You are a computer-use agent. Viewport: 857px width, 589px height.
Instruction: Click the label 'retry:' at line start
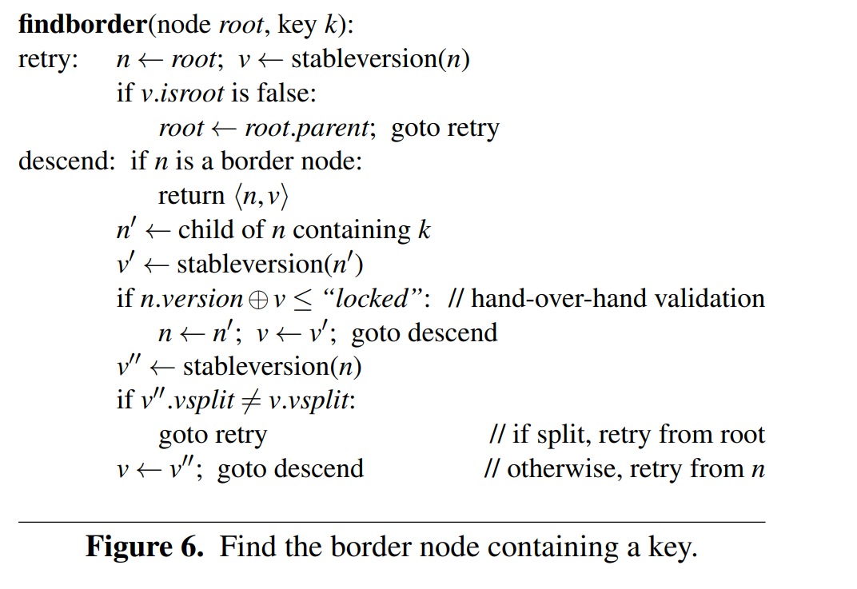[48, 60]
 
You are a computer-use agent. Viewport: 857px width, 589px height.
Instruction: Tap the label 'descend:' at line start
[67, 161]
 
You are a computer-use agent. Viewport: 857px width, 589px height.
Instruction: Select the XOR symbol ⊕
[257, 299]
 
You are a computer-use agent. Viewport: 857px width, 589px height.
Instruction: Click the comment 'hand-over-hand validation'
[617, 299]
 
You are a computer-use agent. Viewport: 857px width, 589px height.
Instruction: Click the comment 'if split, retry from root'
[627, 435]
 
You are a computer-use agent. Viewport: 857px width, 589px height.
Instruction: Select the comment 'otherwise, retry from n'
[624, 469]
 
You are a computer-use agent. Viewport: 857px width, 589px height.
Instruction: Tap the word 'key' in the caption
[667, 548]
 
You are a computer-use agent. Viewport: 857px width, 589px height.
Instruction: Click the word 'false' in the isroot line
[285, 94]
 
